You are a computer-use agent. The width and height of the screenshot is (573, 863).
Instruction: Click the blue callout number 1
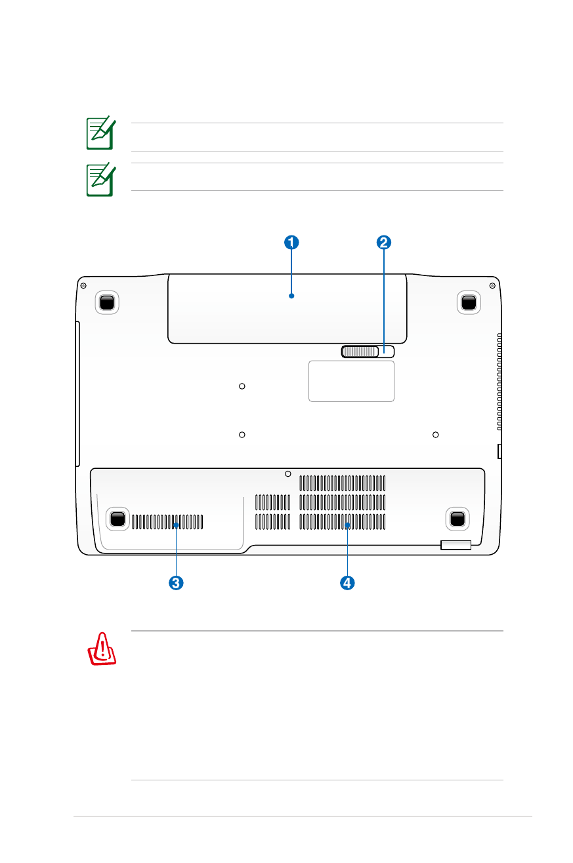(291, 243)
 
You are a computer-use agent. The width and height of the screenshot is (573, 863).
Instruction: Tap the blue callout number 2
(383, 243)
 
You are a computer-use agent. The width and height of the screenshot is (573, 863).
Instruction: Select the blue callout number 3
(176, 582)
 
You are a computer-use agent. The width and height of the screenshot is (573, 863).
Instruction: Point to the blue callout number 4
(347, 582)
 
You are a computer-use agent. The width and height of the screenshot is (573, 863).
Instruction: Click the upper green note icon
(101, 133)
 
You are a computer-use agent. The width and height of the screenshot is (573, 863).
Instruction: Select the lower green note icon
(101, 180)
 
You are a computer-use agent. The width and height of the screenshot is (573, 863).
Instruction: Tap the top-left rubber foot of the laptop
(107, 302)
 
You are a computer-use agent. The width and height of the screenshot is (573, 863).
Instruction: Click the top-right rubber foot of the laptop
(469, 302)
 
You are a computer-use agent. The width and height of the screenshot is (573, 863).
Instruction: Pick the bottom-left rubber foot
(117, 519)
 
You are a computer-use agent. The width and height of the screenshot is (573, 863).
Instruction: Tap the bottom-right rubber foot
(457, 519)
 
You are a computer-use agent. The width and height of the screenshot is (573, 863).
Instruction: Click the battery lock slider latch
(368, 351)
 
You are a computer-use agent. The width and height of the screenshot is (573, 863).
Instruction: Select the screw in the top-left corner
(83, 285)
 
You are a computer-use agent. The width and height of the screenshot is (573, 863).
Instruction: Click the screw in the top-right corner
(492, 285)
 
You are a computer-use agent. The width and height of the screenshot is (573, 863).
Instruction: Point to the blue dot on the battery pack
(291, 296)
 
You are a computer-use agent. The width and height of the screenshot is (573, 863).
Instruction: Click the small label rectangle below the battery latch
(351, 381)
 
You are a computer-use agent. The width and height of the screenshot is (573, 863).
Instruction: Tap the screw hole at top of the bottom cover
(287, 474)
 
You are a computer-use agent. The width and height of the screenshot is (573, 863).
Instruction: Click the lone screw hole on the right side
(435, 435)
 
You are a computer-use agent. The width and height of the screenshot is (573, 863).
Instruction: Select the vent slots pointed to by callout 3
(167, 522)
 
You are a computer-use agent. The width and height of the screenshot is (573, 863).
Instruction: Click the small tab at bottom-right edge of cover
(456, 545)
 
